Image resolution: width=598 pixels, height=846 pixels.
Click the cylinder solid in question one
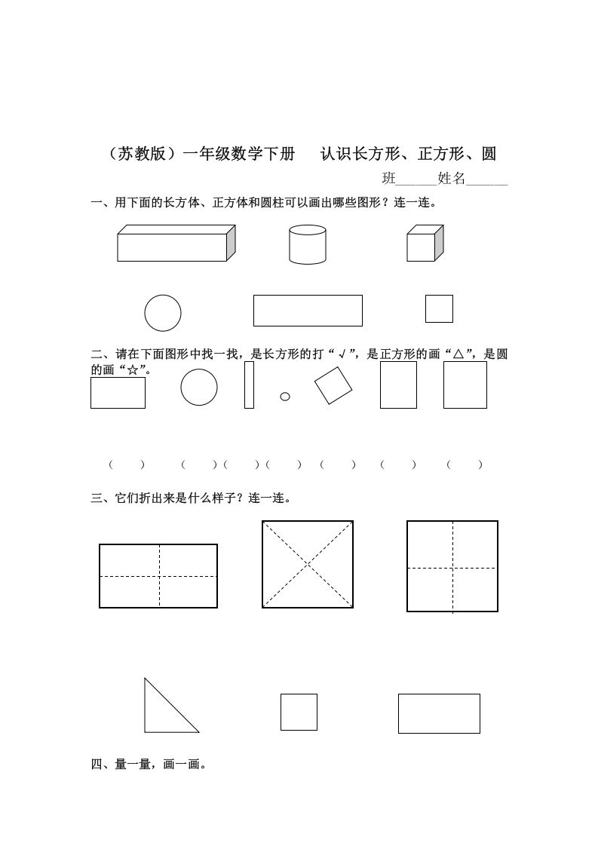point(308,244)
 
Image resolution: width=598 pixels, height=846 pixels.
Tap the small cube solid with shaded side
point(425,244)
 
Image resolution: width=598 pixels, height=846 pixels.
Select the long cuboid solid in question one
point(176,244)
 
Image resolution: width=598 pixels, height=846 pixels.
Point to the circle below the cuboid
point(163,313)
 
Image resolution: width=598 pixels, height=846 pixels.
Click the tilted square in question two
point(333,386)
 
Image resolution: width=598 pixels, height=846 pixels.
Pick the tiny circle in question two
point(285,397)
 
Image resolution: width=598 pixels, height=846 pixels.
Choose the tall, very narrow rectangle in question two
point(249,385)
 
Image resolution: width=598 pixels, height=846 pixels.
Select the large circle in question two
point(199,388)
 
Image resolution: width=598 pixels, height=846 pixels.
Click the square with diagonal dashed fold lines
point(308,563)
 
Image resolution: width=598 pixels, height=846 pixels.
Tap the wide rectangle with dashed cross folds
point(158,576)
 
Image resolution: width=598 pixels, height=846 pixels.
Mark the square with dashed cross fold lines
point(452,566)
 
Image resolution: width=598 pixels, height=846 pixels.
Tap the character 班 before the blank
point(389,179)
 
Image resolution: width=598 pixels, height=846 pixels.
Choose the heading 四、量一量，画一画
point(149,765)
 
